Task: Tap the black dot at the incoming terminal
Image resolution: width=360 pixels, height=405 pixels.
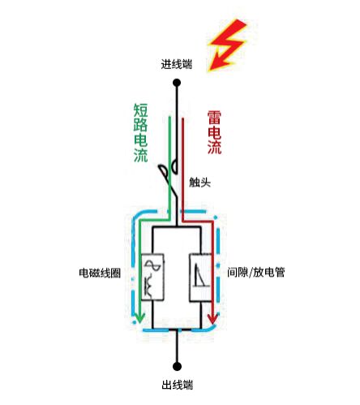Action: pyautogui.click(x=176, y=82)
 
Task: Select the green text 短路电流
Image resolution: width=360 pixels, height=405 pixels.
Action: pyautogui.click(x=140, y=132)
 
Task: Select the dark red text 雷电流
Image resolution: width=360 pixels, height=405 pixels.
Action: pyautogui.click(x=214, y=132)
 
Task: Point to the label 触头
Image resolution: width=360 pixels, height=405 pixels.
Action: pyautogui.click(x=199, y=183)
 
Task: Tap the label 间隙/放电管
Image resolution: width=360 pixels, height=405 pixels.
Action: pyautogui.click(x=258, y=274)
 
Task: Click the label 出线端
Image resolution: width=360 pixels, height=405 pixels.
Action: pyautogui.click(x=176, y=385)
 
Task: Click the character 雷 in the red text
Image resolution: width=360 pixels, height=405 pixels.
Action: pyautogui.click(x=214, y=116)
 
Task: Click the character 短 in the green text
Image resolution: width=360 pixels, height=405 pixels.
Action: pyautogui.click(x=140, y=109)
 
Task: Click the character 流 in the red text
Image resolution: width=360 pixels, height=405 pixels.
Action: pyautogui.click(x=214, y=149)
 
